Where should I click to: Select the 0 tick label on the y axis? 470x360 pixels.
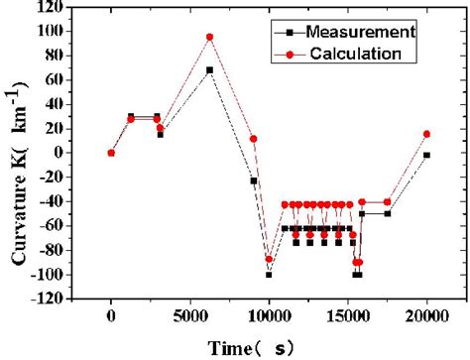tap(59, 153)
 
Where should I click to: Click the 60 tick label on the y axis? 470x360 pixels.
tap(55, 79)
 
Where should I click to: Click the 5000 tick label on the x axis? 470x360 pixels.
tap(189, 317)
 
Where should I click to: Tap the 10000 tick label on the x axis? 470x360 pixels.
tap(269, 317)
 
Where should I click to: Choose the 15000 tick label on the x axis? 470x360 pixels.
tap(348, 317)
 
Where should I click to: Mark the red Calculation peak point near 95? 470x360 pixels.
tap(209, 37)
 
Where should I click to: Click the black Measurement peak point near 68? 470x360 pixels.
tap(209, 70)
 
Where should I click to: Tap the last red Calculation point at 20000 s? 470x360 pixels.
tap(426, 134)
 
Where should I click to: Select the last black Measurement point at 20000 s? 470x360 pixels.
tap(426, 155)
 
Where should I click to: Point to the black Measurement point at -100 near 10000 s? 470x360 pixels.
tap(269, 274)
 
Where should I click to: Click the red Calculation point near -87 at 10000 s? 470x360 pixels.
tap(269, 259)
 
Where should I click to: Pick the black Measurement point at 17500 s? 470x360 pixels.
tap(388, 213)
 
